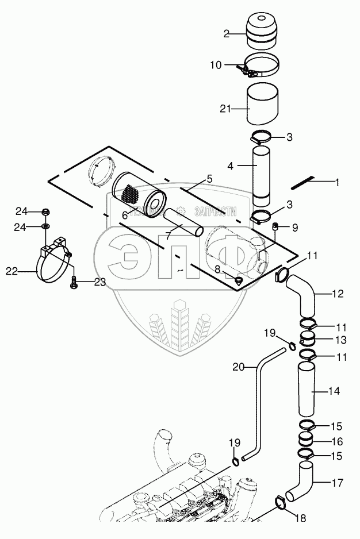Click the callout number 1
click(337, 183)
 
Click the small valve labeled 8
click(238, 280)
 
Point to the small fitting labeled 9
click(275, 226)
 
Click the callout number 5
click(209, 179)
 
